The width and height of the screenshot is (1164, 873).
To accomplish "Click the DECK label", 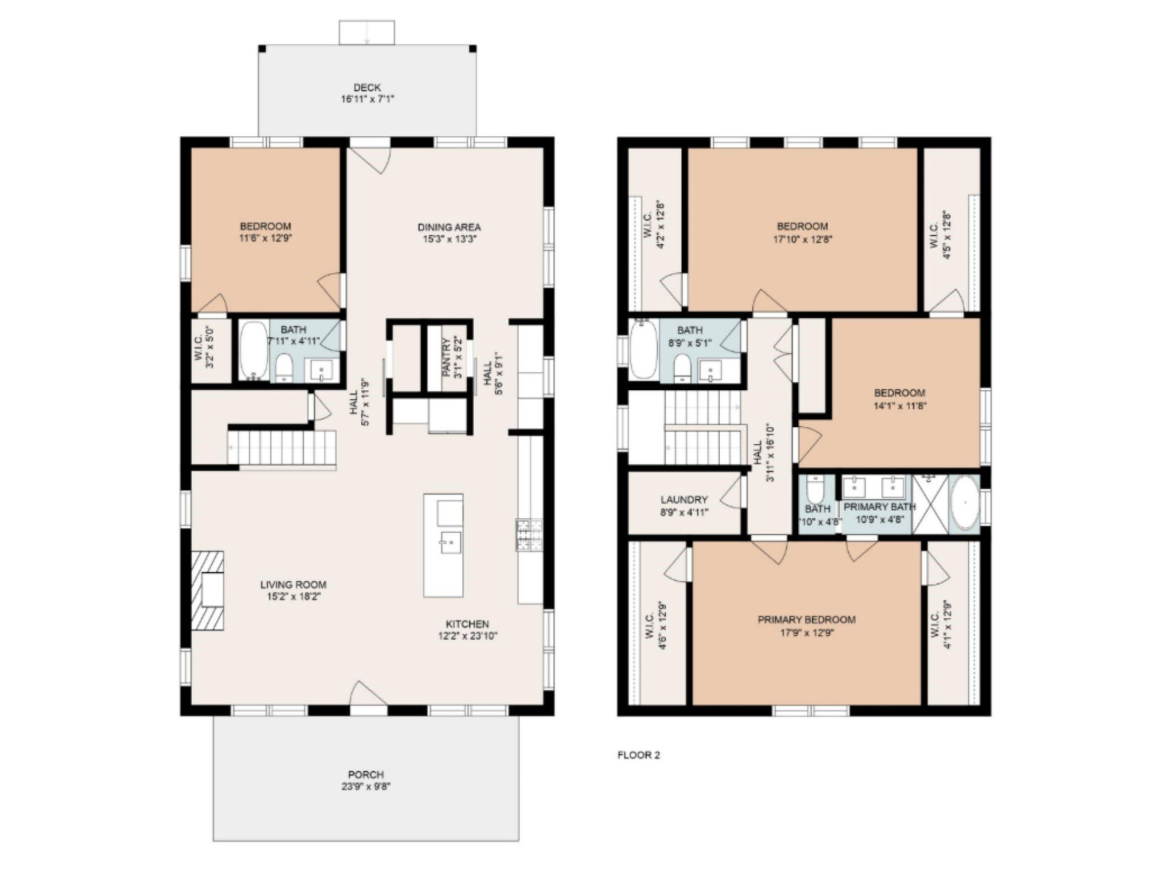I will [x=367, y=87].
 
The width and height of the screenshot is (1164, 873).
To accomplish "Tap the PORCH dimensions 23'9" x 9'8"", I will [x=366, y=786].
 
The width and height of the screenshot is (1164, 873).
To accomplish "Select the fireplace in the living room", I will [x=209, y=590].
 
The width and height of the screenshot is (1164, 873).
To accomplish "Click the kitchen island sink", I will [x=450, y=541].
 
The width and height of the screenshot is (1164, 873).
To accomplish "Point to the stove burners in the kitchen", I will [x=529, y=535].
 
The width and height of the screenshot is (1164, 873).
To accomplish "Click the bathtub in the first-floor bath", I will [x=253, y=350].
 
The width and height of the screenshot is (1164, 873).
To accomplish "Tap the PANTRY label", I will [x=447, y=358].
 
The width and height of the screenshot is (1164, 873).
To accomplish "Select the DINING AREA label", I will [x=449, y=227].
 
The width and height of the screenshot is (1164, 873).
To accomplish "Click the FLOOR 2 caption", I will [x=638, y=755].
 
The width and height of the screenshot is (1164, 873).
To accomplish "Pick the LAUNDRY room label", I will [x=684, y=500].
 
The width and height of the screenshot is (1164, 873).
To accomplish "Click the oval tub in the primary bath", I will [x=964, y=504].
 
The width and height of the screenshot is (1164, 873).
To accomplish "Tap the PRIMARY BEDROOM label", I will [x=806, y=620].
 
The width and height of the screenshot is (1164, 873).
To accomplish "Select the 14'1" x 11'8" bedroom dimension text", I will [x=900, y=406].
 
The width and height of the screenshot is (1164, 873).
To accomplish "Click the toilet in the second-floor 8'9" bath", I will [x=682, y=368].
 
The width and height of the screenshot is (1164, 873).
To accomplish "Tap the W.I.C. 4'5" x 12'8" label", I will [x=940, y=235].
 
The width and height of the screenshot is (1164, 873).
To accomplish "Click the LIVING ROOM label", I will [x=293, y=584].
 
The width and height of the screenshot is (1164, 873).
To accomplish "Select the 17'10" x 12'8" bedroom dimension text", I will [x=802, y=239].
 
